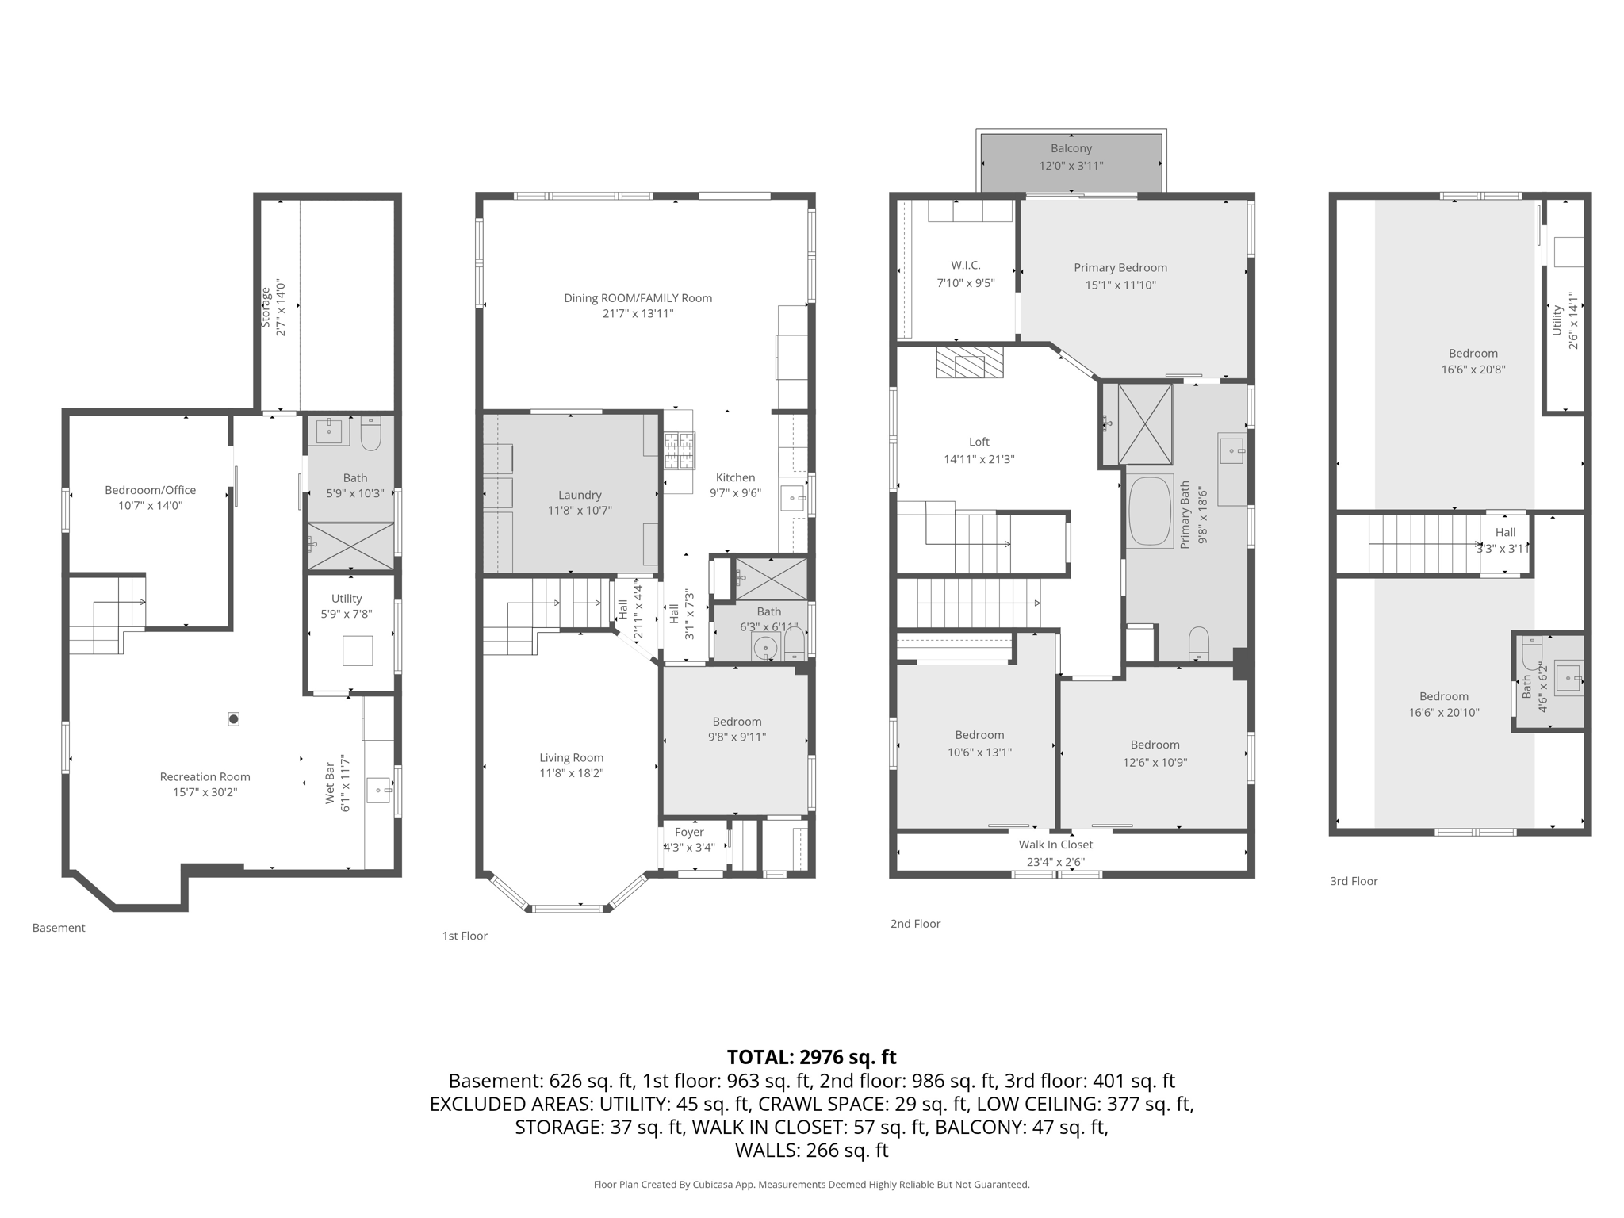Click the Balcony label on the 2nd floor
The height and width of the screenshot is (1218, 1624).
(1071, 148)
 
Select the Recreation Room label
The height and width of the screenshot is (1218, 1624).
(205, 777)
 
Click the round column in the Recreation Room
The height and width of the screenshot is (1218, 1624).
(233, 719)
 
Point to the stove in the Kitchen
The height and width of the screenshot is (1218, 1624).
(679, 451)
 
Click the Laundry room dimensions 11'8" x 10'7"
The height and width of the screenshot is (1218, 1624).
(580, 511)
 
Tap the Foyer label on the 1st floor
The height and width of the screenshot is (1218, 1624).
(689, 832)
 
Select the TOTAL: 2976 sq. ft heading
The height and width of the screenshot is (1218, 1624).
(811, 1057)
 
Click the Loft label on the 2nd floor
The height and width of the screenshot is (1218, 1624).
(979, 442)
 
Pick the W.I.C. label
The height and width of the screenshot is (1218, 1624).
(966, 266)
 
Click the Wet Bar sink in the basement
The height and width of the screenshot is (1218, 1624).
(379, 790)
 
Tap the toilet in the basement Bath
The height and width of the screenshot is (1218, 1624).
(371, 433)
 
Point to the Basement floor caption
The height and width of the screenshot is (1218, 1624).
(59, 928)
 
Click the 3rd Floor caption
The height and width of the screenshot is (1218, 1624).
(1354, 881)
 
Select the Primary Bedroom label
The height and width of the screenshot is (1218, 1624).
(1120, 268)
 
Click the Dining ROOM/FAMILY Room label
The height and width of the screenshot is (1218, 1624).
(638, 298)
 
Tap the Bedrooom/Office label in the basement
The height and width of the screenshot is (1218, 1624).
(150, 490)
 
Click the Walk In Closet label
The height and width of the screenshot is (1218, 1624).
(1055, 845)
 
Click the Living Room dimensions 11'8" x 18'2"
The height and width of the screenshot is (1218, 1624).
(572, 773)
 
